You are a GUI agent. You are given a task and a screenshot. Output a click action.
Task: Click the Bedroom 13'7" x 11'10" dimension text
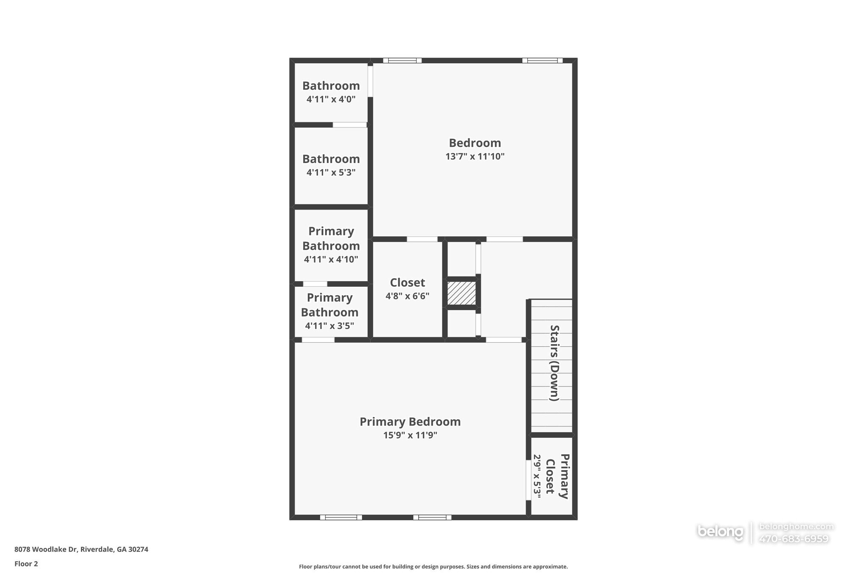(475, 157)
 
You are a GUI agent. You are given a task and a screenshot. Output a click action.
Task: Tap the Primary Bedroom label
(410, 422)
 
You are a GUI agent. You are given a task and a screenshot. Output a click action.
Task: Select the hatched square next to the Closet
(461, 293)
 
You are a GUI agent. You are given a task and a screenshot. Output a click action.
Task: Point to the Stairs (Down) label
(554, 363)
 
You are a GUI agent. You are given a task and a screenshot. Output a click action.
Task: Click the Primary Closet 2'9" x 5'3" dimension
(537, 476)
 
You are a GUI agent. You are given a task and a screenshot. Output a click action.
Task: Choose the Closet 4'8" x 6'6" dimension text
(407, 296)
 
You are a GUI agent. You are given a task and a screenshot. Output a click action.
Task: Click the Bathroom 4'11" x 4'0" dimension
(331, 100)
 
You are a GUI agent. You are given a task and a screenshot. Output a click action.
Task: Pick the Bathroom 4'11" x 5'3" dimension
(331, 173)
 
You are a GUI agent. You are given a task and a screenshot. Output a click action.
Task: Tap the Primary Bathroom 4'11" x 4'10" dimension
(331, 260)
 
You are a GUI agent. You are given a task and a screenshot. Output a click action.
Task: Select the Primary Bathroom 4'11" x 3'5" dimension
(329, 326)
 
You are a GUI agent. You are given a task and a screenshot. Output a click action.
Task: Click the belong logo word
(720, 532)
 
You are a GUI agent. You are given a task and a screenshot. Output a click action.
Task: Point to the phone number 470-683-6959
(794, 539)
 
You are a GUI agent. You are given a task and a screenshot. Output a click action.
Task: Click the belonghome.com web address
(796, 527)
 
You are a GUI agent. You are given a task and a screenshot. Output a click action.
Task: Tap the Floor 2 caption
(26, 564)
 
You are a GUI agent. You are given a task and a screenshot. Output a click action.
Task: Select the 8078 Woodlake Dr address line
(81, 550)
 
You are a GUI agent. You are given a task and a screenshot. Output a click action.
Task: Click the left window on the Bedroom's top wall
(402, 61)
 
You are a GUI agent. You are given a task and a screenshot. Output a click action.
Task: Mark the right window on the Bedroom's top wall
(542, 61)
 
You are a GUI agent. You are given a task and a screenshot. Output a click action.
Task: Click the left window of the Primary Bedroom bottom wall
(341, 517)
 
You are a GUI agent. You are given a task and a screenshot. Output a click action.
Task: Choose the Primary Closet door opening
(528, 480)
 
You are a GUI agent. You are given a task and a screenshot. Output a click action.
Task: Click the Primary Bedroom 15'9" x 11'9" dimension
(410, 435)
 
